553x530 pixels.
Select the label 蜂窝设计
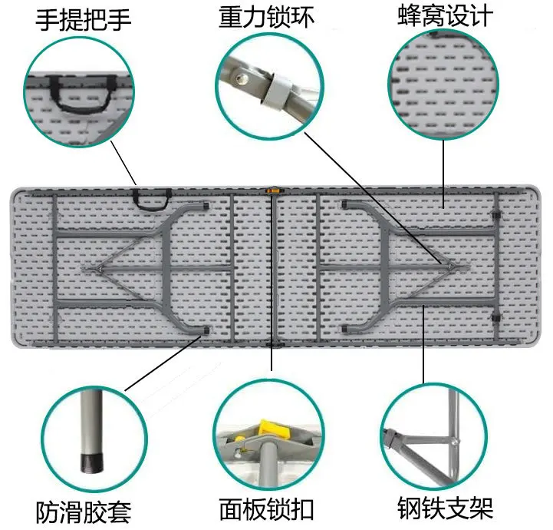pyautogui.click(x=445, y=17)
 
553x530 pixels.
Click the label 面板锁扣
pyautogui.click(x=266, y=510)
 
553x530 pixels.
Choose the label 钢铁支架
pyautogui.click(x=445, y=508)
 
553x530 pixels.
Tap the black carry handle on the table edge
pyautogui.click(x=151, y=198)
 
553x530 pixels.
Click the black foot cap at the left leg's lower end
pyautogui.click(x=205, y=330)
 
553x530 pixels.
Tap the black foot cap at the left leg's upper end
pyautogui.click(x=205, y=205)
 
